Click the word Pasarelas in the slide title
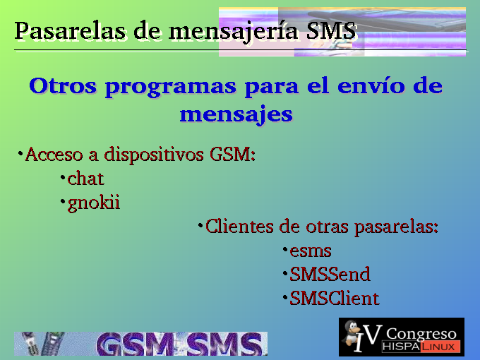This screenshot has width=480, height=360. tap(69, 31)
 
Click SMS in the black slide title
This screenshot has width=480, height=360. tap(331, 30)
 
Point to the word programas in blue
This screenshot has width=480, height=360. tap(171, 88)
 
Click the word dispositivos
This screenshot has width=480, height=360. tap(154, 155)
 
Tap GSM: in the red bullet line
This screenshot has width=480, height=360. tap(232, 154)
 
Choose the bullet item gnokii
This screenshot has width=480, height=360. tap(93, 203)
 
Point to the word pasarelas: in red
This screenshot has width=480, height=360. tap(396, 228)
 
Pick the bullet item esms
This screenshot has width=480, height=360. tap(311, 251)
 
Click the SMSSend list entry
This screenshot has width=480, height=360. tap(330, 274)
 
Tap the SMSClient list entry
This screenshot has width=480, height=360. tap(335, 298)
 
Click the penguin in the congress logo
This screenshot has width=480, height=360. tap(352, 334)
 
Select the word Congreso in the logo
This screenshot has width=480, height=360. tap(421, 335)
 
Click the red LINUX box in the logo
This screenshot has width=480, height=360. tap(440, 347)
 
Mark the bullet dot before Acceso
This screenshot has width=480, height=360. tap(20, 152)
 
